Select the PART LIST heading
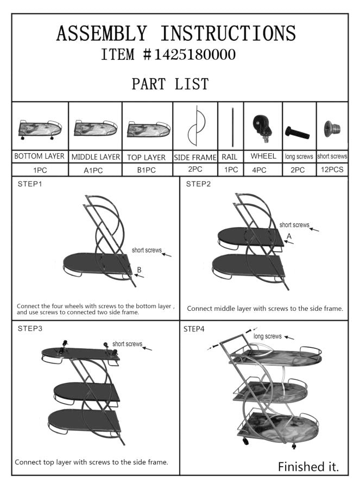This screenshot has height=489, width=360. tap(170, 84)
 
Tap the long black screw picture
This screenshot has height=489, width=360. tap(296, 132)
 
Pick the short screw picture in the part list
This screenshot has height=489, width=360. tap(332, 129)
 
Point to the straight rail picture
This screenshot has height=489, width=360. tap(230, 127)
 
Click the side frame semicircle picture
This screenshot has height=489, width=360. tap(194, 127)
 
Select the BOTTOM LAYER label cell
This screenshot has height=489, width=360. tap(40, 156)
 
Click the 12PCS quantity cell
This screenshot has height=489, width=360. tap(332, 170)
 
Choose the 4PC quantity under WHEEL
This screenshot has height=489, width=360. tap(263, 170)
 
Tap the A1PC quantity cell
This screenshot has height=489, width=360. tap(95, 170)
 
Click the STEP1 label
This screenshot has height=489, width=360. tap(30, 184)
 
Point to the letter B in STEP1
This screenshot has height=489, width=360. tap(140, 270)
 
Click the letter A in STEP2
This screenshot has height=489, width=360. tap(289, 236)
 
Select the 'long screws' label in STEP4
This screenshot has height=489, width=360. tap(268, 336)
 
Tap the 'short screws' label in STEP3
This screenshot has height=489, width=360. tap(127, 344)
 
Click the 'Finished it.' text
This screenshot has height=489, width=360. tap(308, 466)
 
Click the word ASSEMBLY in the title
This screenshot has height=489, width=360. tap(102, 34)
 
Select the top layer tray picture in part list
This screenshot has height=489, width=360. tap(147, 128)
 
